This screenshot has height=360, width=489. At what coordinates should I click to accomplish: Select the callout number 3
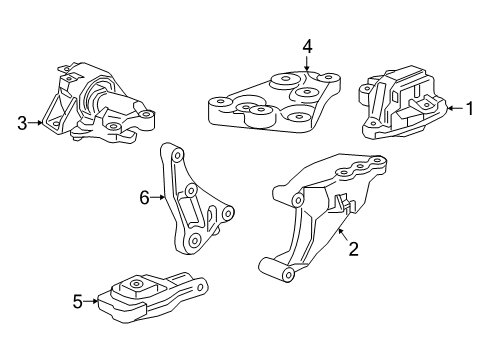[21, 123]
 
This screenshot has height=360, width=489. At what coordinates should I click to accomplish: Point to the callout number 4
[308, 45]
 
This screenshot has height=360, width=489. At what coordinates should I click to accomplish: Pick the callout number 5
[78, 298]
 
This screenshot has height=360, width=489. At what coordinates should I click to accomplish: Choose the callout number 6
[144, 198]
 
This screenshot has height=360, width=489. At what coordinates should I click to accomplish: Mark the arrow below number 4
[308, 63]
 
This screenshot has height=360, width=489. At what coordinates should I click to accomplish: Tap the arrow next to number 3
[36, 123]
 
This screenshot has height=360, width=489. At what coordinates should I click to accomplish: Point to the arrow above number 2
[343, 234]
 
